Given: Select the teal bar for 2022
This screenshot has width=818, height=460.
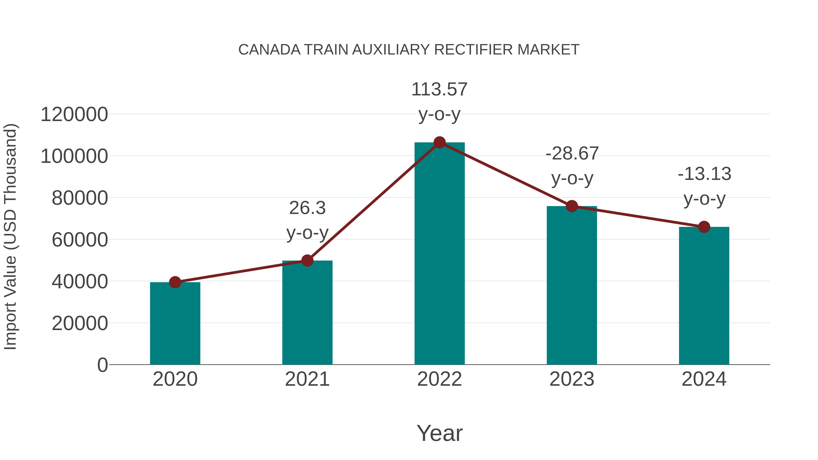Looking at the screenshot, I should [439, 254].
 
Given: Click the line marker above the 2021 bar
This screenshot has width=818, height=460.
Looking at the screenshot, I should [307, 261].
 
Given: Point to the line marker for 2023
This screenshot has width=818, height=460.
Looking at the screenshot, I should [572, 206].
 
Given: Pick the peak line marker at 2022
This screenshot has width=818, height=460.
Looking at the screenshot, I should [439, 142].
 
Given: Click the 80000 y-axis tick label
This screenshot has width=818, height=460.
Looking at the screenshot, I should [80, 198].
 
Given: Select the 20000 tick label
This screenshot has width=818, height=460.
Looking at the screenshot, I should [80, 323].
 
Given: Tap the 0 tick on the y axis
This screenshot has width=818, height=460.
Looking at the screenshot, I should [102, 365].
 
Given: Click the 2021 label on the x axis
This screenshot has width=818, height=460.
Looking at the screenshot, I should [307, 379].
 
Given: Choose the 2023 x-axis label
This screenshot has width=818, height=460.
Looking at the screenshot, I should [572, 379].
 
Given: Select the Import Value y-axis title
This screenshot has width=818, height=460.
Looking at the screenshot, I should [10, 236].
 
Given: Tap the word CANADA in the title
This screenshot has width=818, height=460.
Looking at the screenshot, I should [269, 50].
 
